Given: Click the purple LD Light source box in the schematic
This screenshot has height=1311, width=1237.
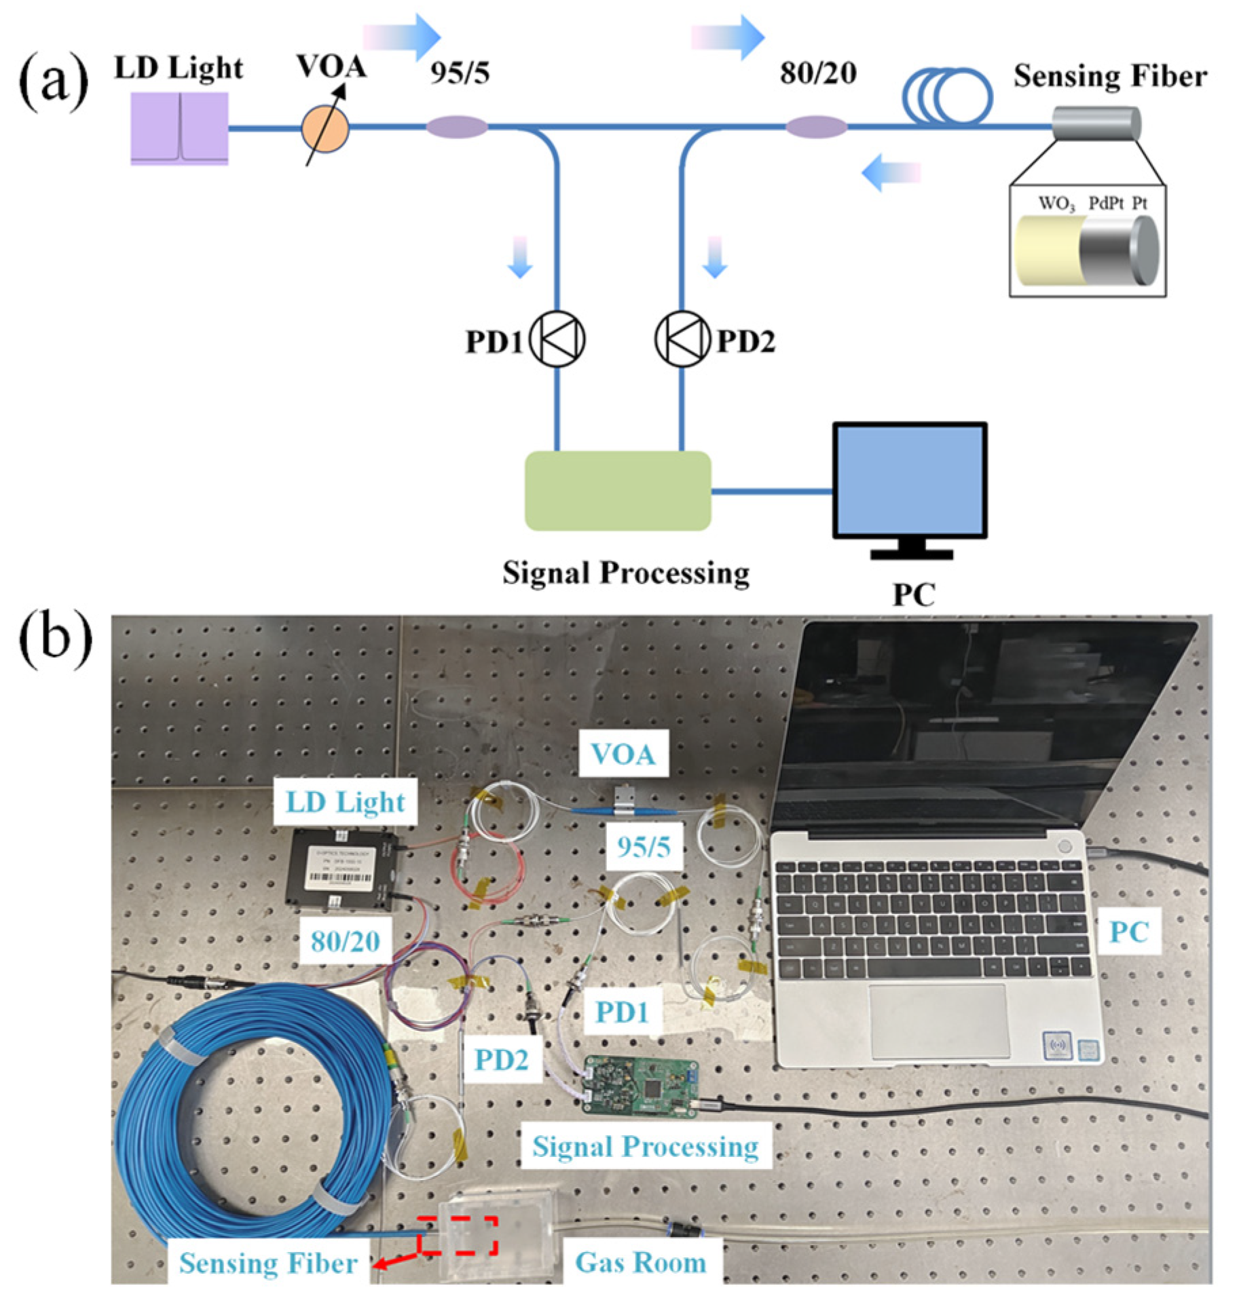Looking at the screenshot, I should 179,128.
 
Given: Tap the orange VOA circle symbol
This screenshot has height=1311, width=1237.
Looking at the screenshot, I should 325,128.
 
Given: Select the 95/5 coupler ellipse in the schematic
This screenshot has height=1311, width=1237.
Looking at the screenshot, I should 456,127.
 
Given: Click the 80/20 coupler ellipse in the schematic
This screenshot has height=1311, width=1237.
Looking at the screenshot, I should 815,127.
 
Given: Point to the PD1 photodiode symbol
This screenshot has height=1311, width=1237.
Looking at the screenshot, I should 556,339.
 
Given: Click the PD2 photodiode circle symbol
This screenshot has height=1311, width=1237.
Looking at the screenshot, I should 682,339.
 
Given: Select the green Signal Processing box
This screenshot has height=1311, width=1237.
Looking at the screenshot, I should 617,490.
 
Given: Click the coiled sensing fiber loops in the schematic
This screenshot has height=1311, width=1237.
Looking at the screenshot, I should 946,96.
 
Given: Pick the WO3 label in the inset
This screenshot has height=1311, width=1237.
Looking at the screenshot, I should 1056,203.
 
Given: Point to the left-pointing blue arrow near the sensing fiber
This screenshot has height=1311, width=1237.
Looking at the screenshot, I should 889,172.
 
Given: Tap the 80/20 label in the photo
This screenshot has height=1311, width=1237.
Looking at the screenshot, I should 345,940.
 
